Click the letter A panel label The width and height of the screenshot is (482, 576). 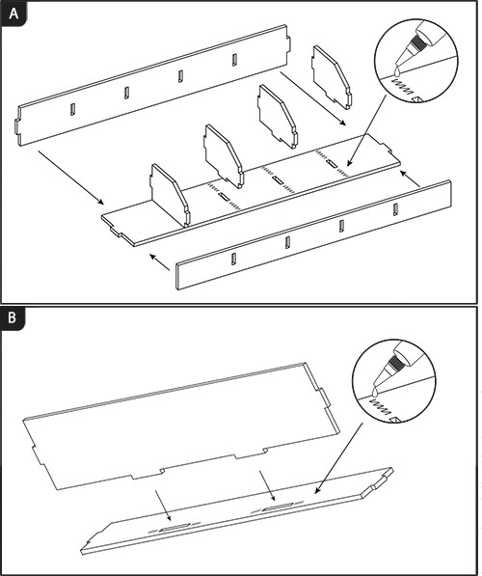[13, 14]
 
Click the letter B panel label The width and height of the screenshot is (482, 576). [13, 317]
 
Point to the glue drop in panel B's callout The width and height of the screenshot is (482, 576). [374, 393]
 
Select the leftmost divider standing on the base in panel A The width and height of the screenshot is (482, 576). [170, 196]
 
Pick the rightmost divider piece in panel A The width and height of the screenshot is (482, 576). [332, 77]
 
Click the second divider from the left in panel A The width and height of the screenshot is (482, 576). [224, 156]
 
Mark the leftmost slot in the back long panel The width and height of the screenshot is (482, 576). [72, 109]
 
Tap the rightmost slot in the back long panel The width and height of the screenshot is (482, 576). [234, 60]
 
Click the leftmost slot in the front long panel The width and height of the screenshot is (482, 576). [233, 259]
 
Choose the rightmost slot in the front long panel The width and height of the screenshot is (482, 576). [395, 209]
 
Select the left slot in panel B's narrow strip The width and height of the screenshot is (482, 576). [174, 528]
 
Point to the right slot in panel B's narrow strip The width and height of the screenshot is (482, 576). [278, 507]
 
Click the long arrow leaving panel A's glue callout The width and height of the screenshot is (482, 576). [366, 130]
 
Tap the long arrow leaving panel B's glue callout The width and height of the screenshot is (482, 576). [338, 457]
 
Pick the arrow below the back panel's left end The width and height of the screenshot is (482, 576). [71, 177]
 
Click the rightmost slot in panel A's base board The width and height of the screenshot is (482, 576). [332, 163]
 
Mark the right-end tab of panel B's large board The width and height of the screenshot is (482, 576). [323, 398]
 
